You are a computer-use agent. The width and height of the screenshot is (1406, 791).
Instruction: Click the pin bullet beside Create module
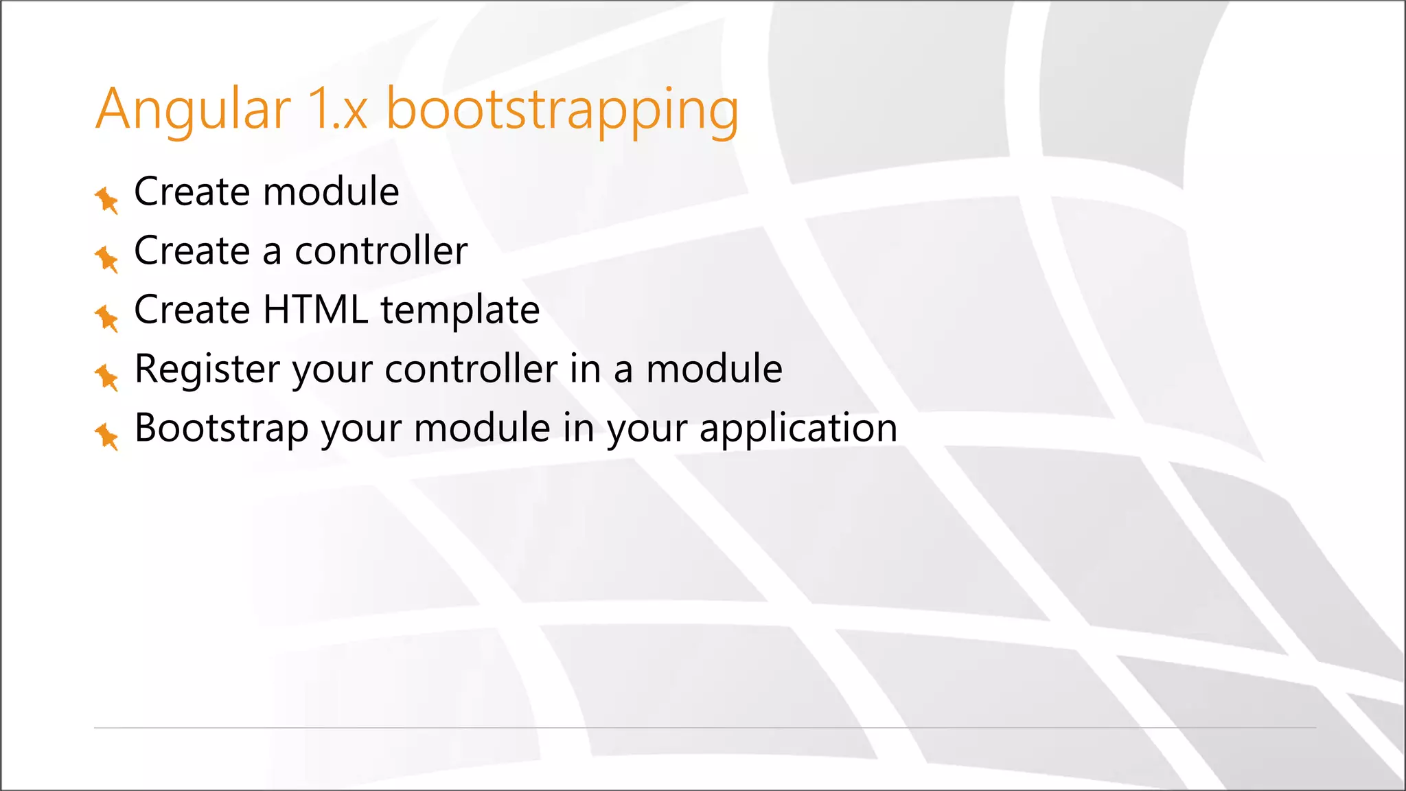(x=107, y=200)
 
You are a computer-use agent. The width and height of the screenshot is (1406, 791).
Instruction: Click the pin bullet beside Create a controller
(x=107, y=259)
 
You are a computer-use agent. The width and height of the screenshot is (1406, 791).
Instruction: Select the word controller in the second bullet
(x=381, y=251)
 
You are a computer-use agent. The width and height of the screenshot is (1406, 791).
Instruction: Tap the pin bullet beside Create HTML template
(x=107, y=318)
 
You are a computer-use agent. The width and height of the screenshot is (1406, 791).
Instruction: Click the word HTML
(x=315, y=310)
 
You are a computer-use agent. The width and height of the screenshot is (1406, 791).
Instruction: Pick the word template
(x=460, y=310)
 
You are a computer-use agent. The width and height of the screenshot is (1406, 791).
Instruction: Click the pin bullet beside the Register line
(x=107, y=377)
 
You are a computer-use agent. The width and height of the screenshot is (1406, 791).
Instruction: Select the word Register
(x=207, y=370)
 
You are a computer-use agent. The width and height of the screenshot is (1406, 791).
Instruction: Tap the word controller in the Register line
(x=471, y=369)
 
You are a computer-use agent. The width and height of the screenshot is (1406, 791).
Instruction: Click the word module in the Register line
(x=714, y=369)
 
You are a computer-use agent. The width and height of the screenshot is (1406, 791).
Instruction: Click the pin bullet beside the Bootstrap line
(x=107, y=436)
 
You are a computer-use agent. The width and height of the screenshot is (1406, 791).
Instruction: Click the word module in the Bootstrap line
(x=482, y=428)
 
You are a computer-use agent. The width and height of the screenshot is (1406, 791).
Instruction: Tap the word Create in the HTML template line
(x=192, y=310)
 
